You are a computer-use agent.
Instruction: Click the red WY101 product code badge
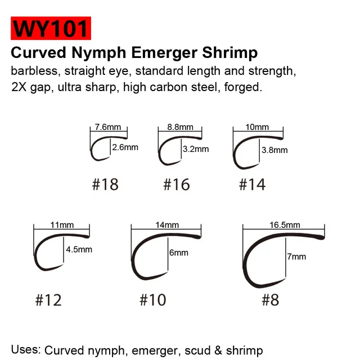pos(50,28)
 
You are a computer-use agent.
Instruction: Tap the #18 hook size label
pos(105,184)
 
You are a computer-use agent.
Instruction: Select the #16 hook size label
pos(177,184)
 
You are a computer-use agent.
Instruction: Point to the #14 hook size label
pos(252,184)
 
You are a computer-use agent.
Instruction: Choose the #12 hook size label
pos(48,300)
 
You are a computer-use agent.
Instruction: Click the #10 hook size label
pos(153,300)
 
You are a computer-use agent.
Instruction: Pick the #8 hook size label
pos(270,300)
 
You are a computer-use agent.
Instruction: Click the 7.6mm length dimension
pos(109,128)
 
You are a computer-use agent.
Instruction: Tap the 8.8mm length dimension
pos(180,128)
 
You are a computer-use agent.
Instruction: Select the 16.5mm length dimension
pos(284,224)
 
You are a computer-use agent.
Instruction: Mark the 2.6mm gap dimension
pos(125,147)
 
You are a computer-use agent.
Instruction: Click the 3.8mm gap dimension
pos(274,150)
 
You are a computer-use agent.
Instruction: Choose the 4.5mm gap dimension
pos(79,249)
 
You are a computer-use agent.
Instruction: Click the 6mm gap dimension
pos(178,253)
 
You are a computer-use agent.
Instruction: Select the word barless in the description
pos(30,72)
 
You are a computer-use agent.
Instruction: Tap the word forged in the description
pos(246,89)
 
